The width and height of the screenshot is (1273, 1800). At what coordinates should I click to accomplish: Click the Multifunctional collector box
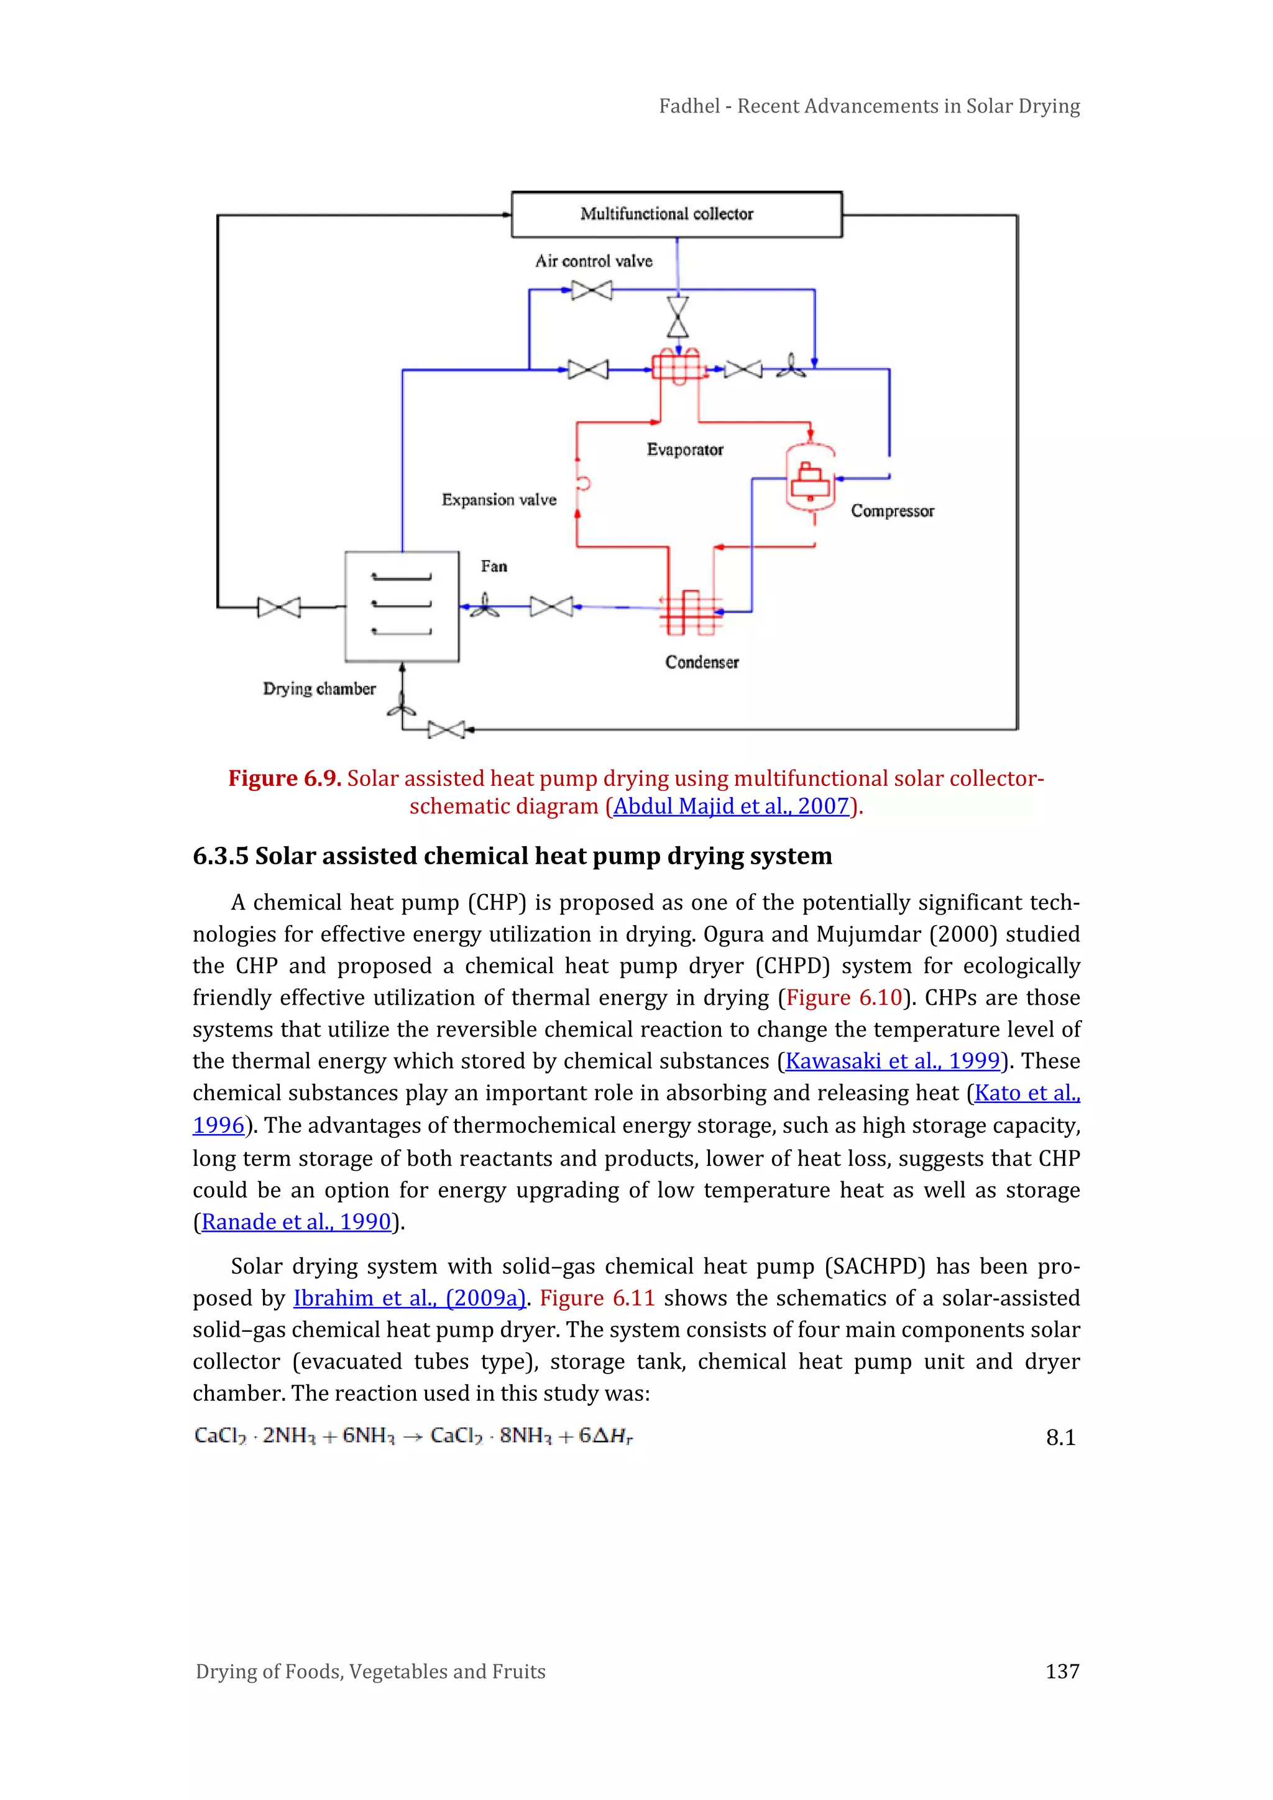click(676, 214)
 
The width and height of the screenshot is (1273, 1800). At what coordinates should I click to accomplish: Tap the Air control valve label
click(594, 261)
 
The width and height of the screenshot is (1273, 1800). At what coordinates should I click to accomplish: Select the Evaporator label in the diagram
click(684, 449)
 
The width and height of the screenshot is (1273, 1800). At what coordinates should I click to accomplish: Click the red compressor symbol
click(811, 481)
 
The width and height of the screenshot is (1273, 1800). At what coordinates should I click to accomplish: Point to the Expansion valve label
click(499, 499)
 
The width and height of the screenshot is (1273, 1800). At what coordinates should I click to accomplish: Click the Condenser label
click(702, 662)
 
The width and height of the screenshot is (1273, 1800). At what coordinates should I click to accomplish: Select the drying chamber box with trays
click(402, 606)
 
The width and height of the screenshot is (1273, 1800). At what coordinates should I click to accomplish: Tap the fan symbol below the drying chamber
click(402, 709)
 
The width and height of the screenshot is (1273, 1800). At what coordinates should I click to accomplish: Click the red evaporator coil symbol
click(678, 367)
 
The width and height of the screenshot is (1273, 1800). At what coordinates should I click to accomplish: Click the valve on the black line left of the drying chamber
click(279, 607)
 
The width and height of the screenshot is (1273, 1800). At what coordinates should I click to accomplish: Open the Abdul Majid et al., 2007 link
click(730, 806)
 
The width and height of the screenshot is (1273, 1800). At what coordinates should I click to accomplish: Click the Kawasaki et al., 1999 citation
click(893, 1061)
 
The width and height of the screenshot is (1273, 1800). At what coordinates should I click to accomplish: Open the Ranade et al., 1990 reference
click(295, 1221)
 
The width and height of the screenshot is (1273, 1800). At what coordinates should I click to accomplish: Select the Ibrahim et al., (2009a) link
click(409, 1298)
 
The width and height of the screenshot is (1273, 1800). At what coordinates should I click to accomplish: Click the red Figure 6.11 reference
click(597, 1298)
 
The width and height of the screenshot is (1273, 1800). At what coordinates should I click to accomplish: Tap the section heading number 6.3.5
click(220, 856)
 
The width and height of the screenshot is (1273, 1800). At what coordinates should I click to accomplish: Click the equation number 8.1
click(1060, 1437)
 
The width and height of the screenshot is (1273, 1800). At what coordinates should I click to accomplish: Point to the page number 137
click(1062, 1671)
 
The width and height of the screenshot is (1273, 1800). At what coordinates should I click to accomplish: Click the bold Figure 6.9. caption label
click(284, 778)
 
